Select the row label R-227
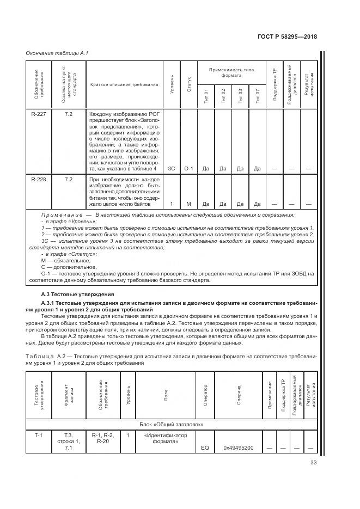pos(38,114)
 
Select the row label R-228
pos(38,179)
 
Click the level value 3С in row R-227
pos(172,168)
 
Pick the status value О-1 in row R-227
pos(188,168)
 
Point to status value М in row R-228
pos(188,204)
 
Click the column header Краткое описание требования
pos(124,84)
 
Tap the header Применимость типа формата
pos(231,72)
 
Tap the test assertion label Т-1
pos(38,435)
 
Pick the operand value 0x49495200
pos(238,449)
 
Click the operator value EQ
pos(205,449)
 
